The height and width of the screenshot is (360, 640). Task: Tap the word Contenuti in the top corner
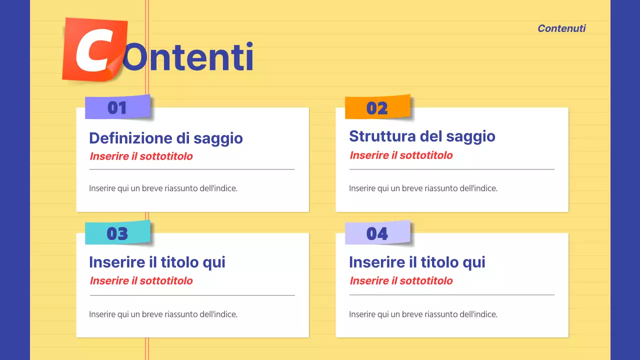pos(561,28)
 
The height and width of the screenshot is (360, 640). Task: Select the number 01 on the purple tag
pos(117,107)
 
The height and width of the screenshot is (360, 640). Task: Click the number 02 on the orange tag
pos(377,108)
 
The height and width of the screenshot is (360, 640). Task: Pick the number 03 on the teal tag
pos(117,233)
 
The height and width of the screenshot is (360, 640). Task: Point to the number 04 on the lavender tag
pos(377,233)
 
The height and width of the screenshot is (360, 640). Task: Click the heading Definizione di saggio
pos(166,138)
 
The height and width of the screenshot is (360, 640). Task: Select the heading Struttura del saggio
pos(422,136)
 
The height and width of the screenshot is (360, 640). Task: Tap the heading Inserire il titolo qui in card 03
pos(157,262)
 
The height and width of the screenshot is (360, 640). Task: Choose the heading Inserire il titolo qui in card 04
pos(417,262)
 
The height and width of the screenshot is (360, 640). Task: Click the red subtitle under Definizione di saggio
pos(141,156)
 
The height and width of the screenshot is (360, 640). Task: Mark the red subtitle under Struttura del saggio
pos(401,155)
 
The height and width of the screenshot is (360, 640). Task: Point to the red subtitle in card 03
pos(141,280)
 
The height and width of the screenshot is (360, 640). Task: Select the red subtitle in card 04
pos(401,280)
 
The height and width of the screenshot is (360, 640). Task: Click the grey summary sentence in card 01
pos(163,188)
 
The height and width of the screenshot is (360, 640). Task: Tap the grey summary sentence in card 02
pos(423,188)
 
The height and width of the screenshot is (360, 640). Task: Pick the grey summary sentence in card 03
pos(163,314)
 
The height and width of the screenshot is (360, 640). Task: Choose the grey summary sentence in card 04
pos(423,314)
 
